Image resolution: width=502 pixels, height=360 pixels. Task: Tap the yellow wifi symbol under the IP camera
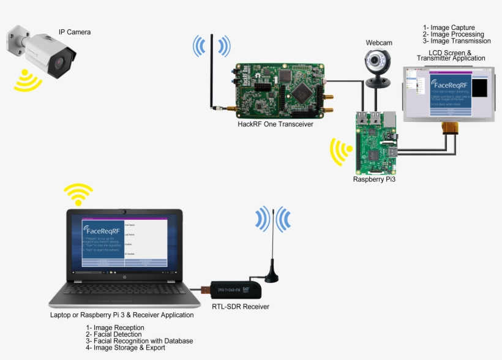27,81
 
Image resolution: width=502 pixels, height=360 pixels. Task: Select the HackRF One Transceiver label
275,124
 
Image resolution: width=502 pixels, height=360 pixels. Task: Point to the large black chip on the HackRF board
302,92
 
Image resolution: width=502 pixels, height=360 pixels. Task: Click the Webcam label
379,43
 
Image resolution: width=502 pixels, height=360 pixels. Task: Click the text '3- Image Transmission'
457,41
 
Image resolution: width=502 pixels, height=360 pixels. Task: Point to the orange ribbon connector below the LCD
451,128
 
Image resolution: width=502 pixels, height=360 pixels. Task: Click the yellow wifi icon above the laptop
78,195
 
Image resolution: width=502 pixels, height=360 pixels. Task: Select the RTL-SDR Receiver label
241,306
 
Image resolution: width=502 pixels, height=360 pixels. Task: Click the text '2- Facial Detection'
114,334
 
